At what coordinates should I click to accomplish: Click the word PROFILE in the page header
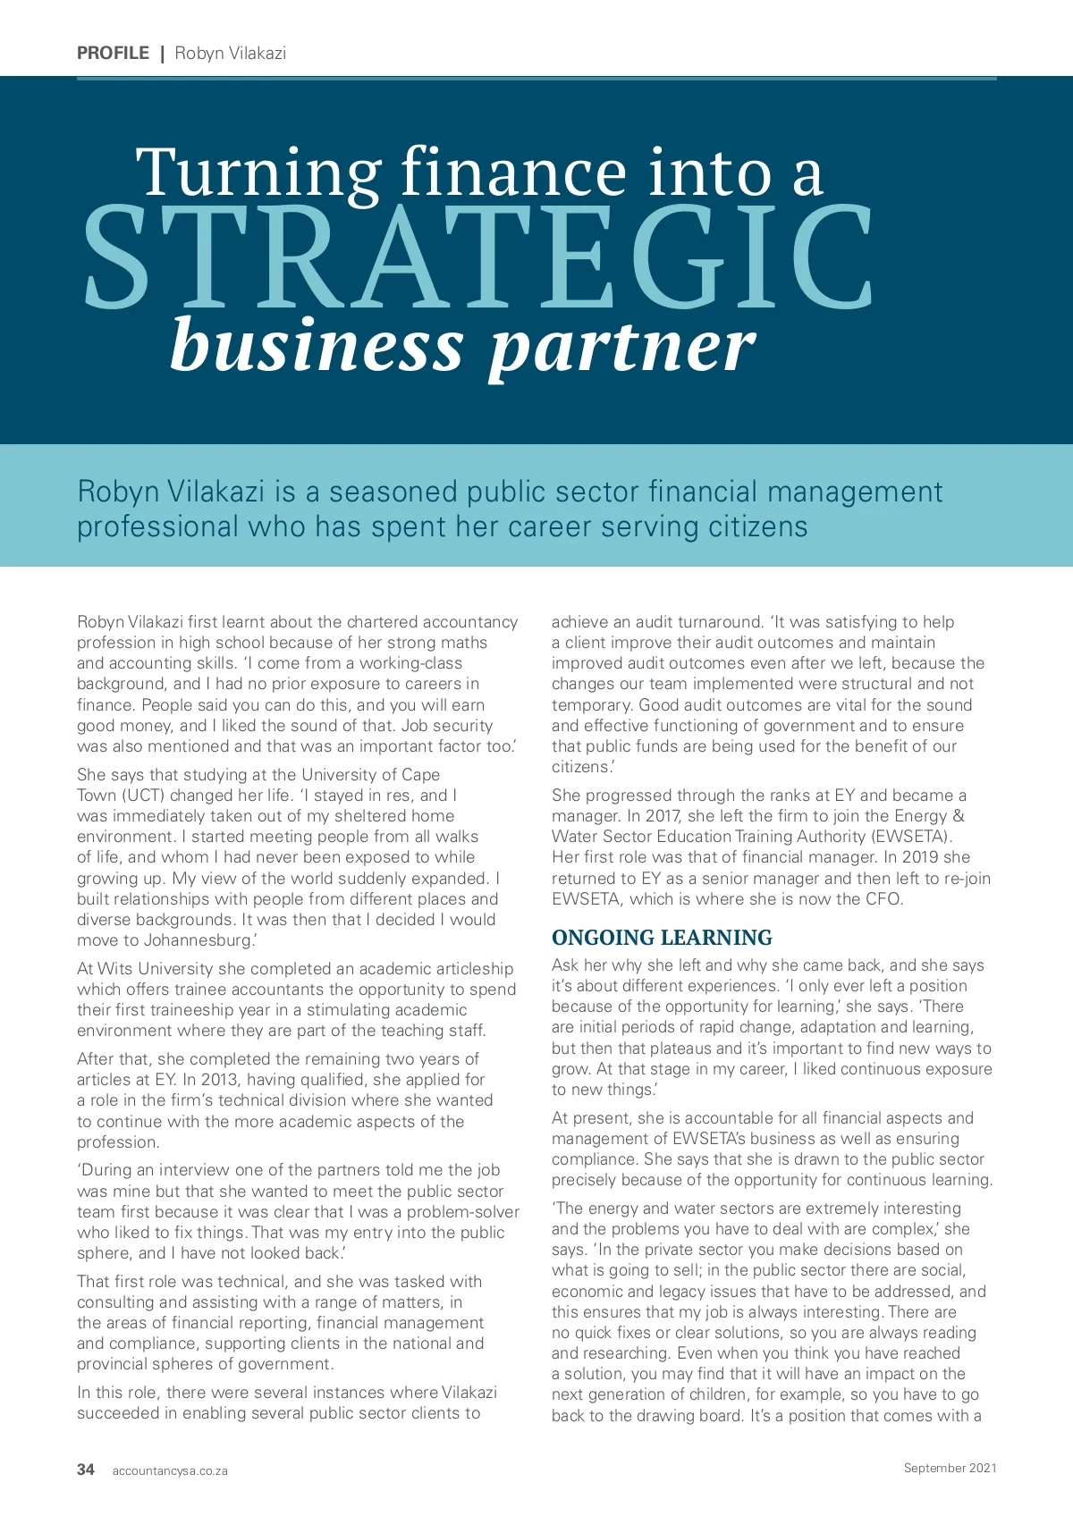tap(113, 53)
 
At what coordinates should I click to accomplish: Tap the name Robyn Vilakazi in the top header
tap(231, 53)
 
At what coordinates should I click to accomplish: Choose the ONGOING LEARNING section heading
tap(662, 938)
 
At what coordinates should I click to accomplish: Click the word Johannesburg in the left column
tap(199, 940)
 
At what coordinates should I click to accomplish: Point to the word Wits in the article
tap(114, 969)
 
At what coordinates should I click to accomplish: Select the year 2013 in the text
tap(219, 1080)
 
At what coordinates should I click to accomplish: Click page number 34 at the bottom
tap(86, 1470)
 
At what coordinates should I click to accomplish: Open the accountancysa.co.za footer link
tap(170, 1470)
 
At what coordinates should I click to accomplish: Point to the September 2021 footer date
tap(950, 1468)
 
